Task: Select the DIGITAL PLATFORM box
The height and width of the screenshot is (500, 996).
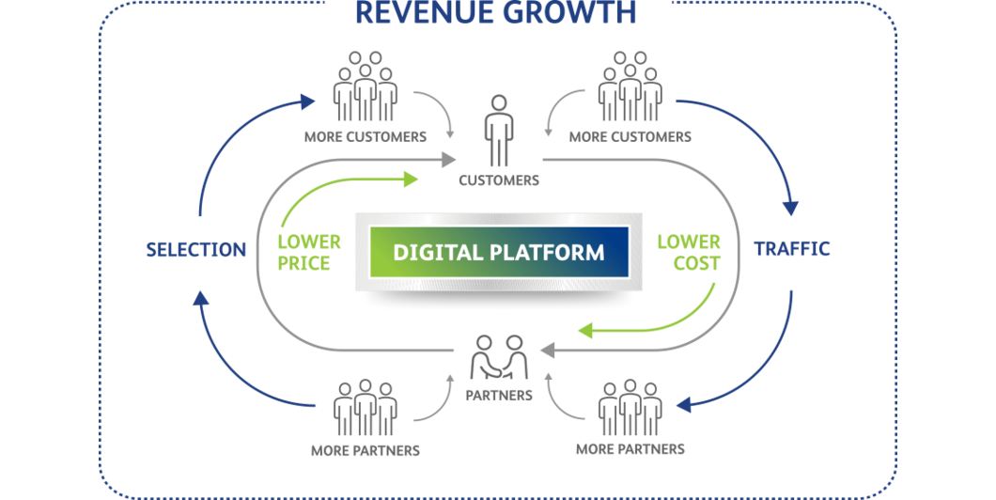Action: tap(497, 253)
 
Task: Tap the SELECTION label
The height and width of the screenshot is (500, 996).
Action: tap(195, 250)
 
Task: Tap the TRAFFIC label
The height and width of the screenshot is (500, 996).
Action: tap(792, 249)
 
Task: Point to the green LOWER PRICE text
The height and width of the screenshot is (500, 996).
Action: tap(308, 253)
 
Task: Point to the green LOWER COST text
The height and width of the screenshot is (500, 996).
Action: tap(688, 253)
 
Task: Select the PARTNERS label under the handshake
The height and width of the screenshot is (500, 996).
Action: tap(499, 396)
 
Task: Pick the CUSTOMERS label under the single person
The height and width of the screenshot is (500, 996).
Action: tap(499, 180)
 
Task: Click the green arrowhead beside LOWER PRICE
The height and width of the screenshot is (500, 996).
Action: tap(412, 177)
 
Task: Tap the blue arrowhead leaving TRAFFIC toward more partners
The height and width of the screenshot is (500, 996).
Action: tap(684, 405)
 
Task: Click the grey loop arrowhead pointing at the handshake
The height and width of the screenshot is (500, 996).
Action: tap(549, 352)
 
